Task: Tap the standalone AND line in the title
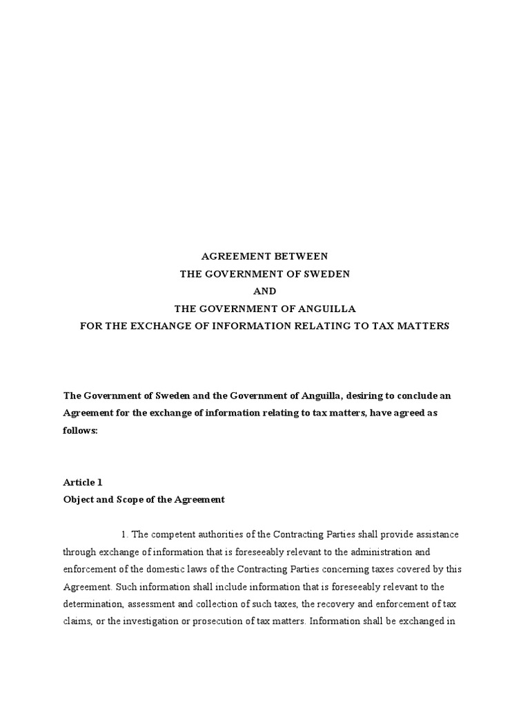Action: [265, 291]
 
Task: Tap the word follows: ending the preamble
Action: [81, 430]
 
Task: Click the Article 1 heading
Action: [82, 483]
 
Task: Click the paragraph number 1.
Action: [124, 535]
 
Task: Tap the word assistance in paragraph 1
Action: [436, 535]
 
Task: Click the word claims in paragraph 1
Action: [77, 621]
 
